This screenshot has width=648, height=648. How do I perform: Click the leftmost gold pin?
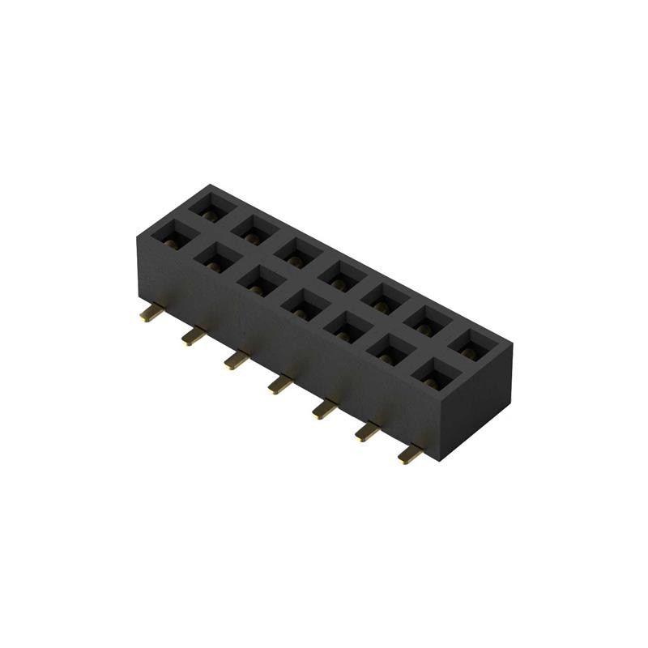(x=150, y=313)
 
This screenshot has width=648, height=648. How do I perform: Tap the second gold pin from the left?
(x=194, y=335)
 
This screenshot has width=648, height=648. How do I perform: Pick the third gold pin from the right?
(x=323, y=408)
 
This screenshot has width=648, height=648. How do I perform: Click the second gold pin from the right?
(x=367, y=432)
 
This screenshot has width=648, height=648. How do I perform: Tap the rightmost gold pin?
(x=411, y=455)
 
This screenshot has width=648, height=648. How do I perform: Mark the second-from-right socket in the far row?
(x=425, y=321)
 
